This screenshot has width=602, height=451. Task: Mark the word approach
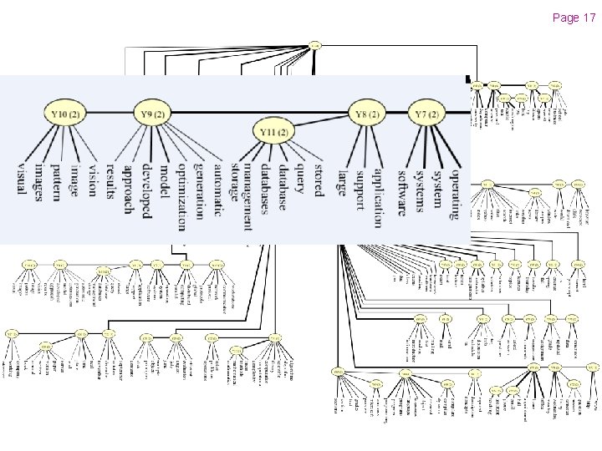point(127,190)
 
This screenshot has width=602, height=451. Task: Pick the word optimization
point(181,195)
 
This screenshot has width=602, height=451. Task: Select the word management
point(247,196)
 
